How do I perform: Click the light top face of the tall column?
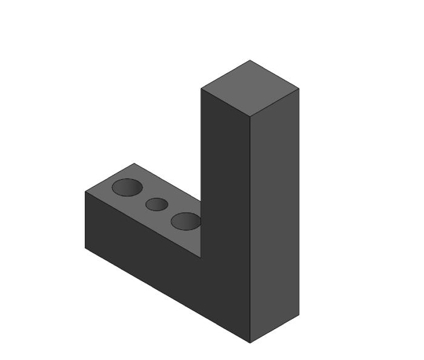click(x=250, y=87)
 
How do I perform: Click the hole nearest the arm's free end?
click(x=127, y=188)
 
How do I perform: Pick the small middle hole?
click(x=157, y=205)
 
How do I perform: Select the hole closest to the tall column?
click(x=185, y=221)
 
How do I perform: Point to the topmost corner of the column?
click(x=250, y=60)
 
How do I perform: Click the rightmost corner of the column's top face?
click(x=299, y=88)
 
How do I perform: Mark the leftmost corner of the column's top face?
click(x=201, y=88)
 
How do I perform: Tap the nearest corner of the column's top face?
click(x=250, y=116)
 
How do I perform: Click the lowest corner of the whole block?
click(x=250, y=342)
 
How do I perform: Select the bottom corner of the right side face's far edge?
click(x=299, y=315)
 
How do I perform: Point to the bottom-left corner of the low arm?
click(x=85, y=247)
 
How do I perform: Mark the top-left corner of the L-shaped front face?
click(x=85, y=192)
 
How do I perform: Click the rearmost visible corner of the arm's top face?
click(x=133, y=163)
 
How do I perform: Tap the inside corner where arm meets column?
click(x=201, y=257)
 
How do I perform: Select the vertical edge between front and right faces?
click(x=250, y=230)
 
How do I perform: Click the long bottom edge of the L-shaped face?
click(x=167, y=295)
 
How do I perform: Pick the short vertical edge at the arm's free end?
click(x=85, y=220)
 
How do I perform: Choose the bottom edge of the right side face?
click(x=274, y=329)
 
